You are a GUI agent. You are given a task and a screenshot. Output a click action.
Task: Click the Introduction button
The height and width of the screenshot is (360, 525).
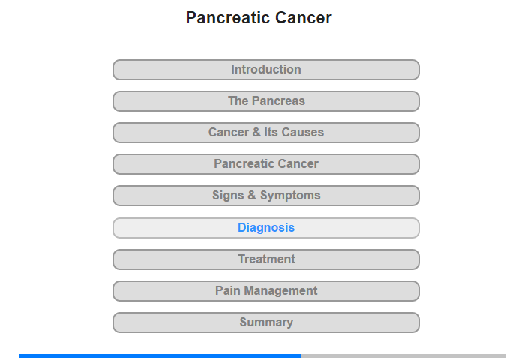coord(266,70)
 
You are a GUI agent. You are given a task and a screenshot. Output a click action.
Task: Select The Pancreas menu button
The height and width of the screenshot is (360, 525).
coord(266,101)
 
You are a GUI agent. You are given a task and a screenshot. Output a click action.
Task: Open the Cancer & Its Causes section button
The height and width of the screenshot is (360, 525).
coord(266,133)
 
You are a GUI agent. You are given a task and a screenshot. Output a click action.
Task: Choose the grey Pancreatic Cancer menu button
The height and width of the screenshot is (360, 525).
coord(266,164)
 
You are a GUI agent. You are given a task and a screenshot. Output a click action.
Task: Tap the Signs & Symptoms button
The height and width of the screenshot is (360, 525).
coord(266,196)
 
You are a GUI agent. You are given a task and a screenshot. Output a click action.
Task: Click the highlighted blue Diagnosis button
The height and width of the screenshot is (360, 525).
coord(266,228)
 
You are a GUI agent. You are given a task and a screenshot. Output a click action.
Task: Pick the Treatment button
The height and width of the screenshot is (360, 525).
coord(266,259)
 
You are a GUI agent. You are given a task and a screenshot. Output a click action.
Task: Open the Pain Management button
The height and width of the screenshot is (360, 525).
coord(266,291)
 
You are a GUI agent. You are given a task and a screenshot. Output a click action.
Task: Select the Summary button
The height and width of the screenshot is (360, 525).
coord(266,322)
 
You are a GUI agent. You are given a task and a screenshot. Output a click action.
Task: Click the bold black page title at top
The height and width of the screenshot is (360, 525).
coord(259,18)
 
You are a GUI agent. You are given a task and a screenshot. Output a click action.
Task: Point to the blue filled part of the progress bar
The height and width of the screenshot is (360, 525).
coord(160,355)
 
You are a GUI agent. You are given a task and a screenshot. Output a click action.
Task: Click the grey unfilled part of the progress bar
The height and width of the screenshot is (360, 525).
coord(403,355)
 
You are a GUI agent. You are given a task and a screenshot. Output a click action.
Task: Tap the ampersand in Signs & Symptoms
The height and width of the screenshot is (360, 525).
coord(252,195)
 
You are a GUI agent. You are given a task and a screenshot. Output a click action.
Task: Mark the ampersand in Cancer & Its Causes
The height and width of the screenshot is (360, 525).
coord(256,132)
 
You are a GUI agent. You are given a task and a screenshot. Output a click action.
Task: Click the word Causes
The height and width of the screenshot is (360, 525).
coord(303,132)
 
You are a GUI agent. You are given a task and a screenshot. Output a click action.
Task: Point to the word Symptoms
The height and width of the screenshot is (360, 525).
coord(290,196)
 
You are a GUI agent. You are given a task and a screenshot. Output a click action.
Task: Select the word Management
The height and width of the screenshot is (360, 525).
coord(280,291)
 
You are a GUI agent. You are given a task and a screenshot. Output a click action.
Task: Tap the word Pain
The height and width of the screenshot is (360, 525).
coord(228,290)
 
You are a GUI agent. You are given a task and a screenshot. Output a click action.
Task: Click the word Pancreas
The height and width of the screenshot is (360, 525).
coord(278,100)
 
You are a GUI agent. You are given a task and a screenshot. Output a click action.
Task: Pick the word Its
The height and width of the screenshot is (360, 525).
coord(271,132)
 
